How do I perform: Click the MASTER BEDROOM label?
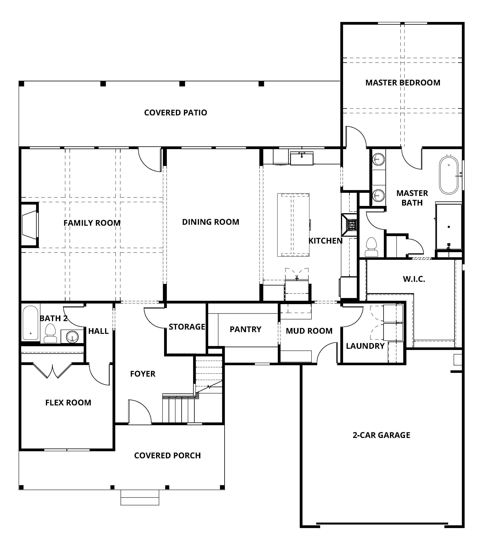[x=403, y=83]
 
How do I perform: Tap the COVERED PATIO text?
[x=175, y=112]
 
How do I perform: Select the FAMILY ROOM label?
[x=92, y=223]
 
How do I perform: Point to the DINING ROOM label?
[x=211, y=222]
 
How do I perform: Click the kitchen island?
[x=293, y=225]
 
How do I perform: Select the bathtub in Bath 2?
[x=30, y=323]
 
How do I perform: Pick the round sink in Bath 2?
[x=72, y=336]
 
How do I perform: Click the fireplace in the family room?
[x=29, y=225]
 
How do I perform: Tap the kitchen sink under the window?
[x=302, y=158]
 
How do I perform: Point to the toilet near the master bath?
[x=371, y=247]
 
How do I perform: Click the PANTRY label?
[x=245, y=329]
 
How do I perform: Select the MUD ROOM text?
[x=309, y=331]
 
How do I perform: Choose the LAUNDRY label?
[x=365, y=346]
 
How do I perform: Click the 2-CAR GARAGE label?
[x=381, y=435]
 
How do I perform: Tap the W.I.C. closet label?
[x=414, y=279]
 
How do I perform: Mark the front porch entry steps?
[x=140, y=497]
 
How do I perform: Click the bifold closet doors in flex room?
[x=53, y=371]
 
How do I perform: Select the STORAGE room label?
[x=187, y=327]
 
